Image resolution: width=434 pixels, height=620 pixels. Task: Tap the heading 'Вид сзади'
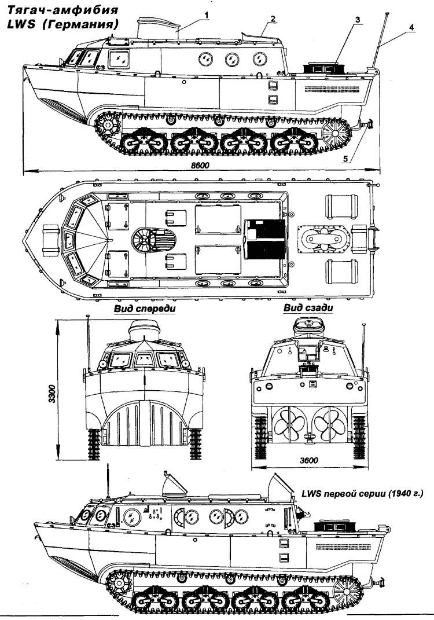click(301, 309)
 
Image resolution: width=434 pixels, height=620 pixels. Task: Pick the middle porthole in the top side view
click(231, 59)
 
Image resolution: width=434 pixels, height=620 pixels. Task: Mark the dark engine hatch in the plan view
click(263, 239)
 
